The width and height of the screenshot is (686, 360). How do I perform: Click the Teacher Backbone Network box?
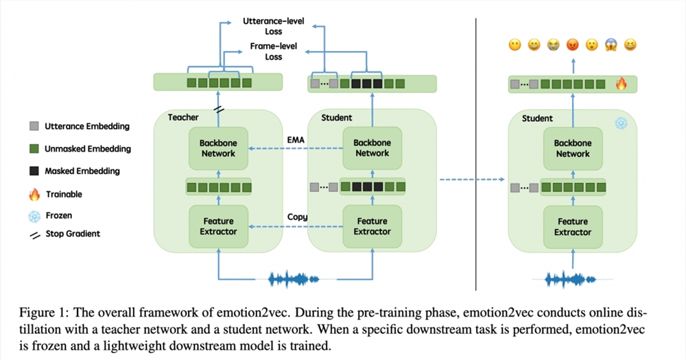coord(218,148)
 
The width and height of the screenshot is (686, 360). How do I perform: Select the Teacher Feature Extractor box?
coord(218,226)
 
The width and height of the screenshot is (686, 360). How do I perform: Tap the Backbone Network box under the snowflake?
coord(572,148)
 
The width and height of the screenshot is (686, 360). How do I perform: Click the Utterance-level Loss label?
coord(263,27)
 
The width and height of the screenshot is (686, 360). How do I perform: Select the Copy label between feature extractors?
coord(297,217)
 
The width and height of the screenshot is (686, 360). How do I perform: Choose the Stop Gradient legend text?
coord(73,234)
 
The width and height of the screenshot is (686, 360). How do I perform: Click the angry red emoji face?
coord(571,45)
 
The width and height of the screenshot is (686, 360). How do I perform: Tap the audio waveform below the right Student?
coord(572,280)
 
